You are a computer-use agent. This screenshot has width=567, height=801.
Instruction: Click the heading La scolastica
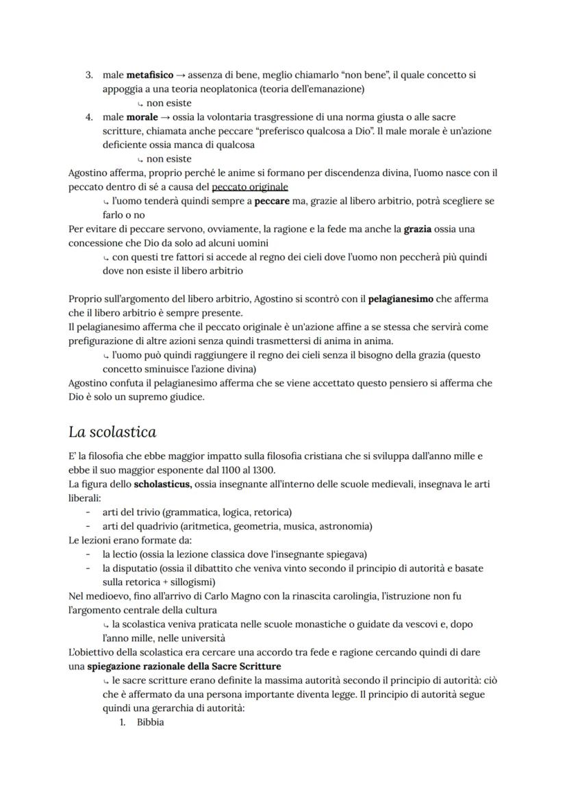[x=112, y=432]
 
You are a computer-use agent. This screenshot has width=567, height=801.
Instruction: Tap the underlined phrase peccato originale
[x=250, y=187]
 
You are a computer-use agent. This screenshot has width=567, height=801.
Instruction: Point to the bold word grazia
[x=418, y=229]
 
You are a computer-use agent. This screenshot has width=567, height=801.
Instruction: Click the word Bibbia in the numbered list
[x=150, y=723]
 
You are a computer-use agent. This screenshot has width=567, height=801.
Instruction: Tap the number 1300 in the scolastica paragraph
[x=261, y=470]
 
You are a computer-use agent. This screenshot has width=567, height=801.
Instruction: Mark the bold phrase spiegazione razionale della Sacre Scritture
[x=184, y=666]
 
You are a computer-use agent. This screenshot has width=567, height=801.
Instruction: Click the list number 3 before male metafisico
[x=89, y=75]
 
